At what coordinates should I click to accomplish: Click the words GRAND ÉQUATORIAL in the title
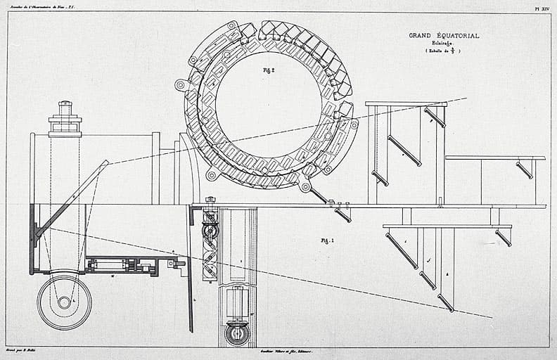pyautogui.click(x=444, y=35)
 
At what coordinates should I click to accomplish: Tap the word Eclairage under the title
pyautogui.click(x=443, y=44)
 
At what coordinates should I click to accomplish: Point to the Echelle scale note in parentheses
pyautogui.click(x=443, y=52)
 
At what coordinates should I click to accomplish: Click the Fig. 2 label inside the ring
pyautogui.click(x=268, y=70)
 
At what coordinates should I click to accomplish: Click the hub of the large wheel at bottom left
pyautogui.click(x=64, y=302)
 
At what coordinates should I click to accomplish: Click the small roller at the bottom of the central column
pyautogui.click(x=236, y=333)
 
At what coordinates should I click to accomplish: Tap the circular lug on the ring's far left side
pyautogui.click(x=181, y=85)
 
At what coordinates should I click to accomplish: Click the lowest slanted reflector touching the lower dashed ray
pyautogui.click(x=446, y=302)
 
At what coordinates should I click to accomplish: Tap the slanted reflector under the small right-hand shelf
pyautogui.click(x=524, y=169)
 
